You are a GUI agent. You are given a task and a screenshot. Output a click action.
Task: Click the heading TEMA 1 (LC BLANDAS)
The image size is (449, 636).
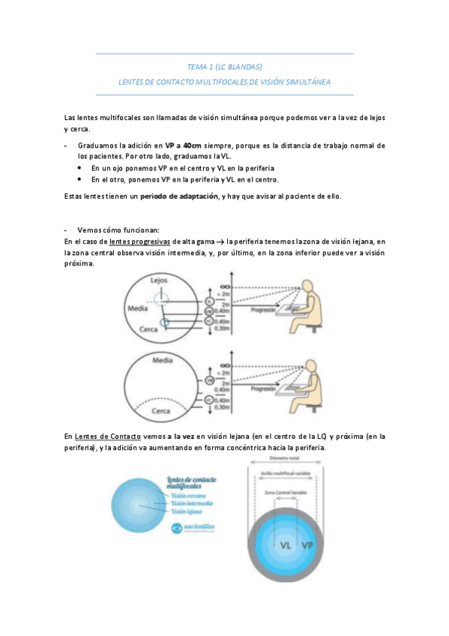point(225,67)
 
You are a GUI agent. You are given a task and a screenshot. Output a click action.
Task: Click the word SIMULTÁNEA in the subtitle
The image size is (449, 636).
point(304,81)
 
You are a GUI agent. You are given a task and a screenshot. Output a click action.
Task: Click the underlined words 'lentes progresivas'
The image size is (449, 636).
point(139,241)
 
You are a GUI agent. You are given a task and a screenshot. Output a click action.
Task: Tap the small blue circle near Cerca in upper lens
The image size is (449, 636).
point(166,322)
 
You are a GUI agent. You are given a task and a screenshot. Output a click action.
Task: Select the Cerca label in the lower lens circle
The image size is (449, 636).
point(161,411)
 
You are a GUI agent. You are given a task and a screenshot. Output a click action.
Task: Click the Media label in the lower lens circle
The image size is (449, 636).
point(163,361)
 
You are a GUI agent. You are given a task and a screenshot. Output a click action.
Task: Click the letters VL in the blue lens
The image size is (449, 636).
point(286,545)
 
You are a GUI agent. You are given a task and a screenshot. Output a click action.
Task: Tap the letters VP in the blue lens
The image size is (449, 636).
point(308,545)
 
